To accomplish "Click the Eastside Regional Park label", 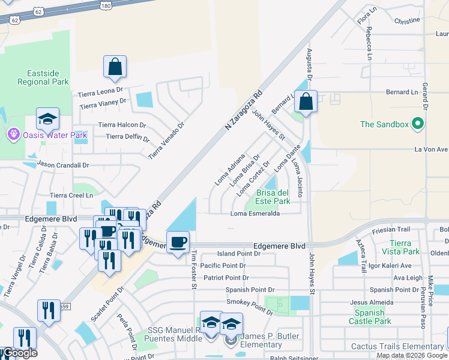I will point(43,77).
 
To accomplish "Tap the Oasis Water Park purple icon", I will point(13,134).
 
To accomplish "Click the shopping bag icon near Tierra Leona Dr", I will point(115,68).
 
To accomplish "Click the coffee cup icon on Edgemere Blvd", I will point(178,243).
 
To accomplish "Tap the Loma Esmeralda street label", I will point(256,214).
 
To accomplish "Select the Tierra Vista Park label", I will point(400,247).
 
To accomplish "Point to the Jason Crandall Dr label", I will point(63,164).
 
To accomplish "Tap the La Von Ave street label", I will point(428,149).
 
